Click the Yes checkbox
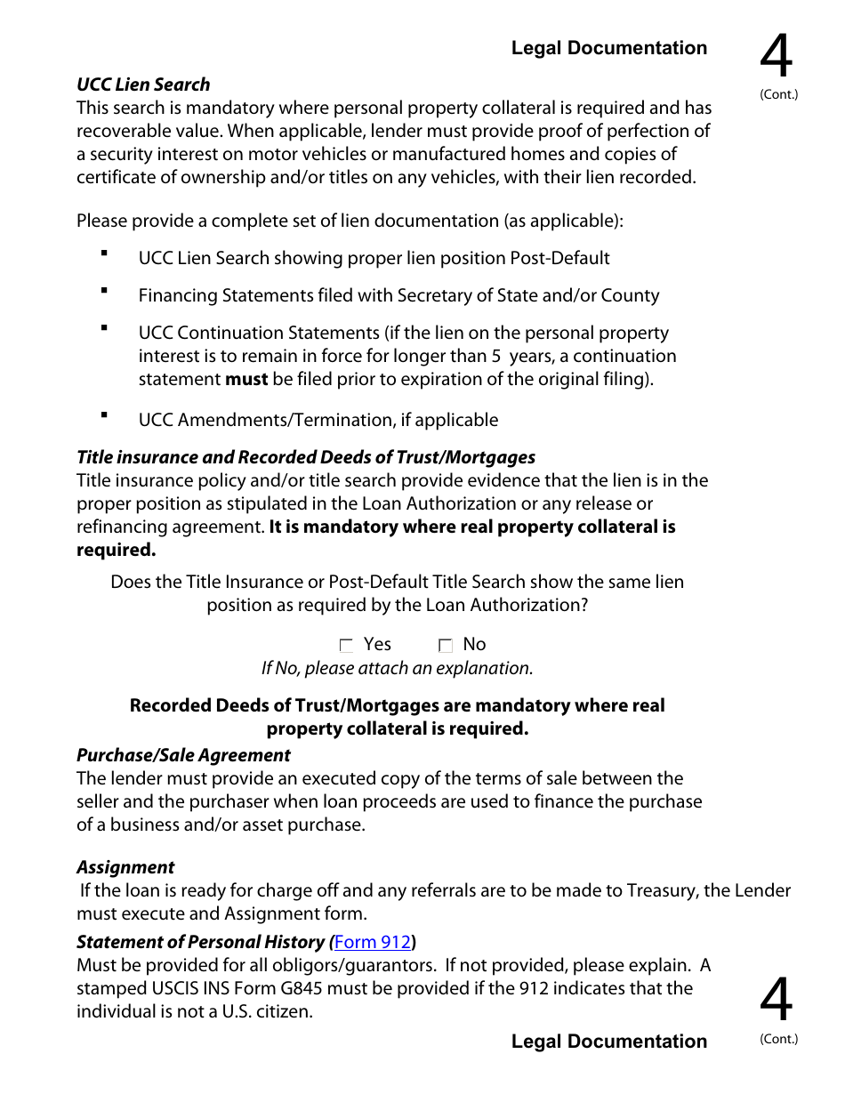[x=347, y=646]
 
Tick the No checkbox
[x=446, y=646]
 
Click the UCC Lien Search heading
[x=143, y=84]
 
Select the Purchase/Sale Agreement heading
[x=183, y=755]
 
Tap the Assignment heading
[x=125, y=867]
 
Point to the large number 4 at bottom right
[x=776, y=1000]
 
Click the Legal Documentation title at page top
[x=609, y=48]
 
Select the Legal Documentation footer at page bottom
[x=609, y=1042]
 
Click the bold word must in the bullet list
[x=246, y=379]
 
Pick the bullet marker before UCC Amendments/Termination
[x=104, y=415]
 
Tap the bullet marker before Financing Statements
[x=104, y=291]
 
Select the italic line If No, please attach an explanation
[x=397, y=668]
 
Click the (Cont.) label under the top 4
[x=779, y=95]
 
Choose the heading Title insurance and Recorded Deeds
[x=306, y=457]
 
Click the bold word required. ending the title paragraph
[x=116, y=550]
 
